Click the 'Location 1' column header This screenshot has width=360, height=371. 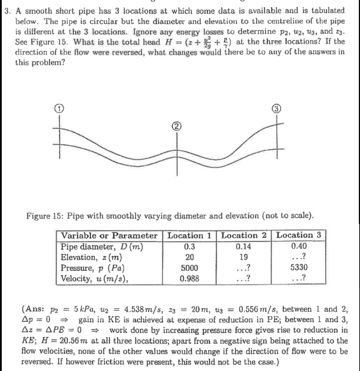[x=189, y=235]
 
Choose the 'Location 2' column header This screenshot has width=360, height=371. [x=244, y=235]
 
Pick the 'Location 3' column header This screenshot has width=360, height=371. [x=299, y=235]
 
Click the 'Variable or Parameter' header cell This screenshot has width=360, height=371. [x=109, y=235]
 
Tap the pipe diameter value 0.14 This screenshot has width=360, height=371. [x=244, y=246]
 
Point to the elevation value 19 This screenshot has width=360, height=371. [x=244, y=257]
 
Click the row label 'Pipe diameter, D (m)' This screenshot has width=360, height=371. [x=101, y=246]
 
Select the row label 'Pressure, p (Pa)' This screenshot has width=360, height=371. [x=93, y=268]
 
